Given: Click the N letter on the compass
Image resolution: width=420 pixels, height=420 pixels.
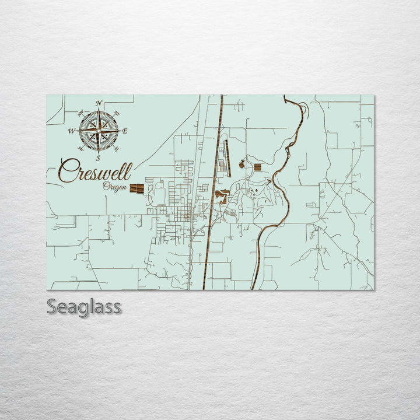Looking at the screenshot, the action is [x=99, y=104].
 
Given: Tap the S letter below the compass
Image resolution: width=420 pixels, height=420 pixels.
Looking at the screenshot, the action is [x=99, y=157].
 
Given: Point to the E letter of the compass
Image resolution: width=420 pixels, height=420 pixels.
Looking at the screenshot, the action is [x=125, y=131].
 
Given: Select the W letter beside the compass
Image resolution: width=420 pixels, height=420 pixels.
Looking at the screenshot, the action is [x=72, y=131].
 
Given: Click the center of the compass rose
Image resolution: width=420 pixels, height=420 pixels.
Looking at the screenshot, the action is [x=99, y=131].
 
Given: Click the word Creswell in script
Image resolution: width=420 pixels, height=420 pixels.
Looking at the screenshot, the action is [x=95, y=171].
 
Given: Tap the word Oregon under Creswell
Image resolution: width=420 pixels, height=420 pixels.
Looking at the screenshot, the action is [x=114, y=187].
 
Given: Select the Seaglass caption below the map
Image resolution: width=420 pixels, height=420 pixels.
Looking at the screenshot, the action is [x=84, y=306].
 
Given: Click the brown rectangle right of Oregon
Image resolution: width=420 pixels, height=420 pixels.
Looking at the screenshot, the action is [x=136, y=188].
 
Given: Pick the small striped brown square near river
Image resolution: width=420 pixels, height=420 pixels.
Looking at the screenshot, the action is [x=257, y=167].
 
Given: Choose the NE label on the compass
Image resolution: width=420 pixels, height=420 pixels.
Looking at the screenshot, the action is [x=117, y=113].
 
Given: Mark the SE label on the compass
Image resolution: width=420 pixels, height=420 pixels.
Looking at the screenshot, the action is [x=117, y=149].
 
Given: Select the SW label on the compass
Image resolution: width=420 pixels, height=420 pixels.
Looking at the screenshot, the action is [x=80, y=149].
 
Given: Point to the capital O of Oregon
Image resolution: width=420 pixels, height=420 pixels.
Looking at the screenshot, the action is [x=106, y=187].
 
